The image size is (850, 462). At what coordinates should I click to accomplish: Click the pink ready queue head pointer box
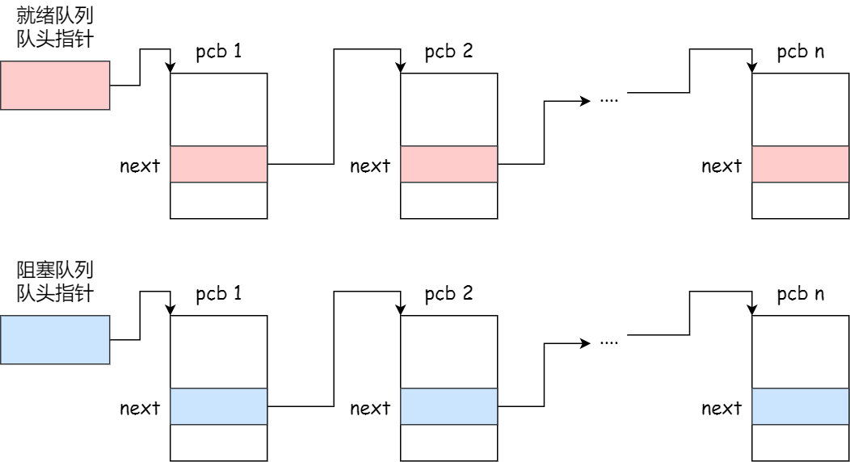click(x=55, y=85)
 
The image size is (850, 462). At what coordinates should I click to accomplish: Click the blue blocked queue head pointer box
click(x=55, y=339)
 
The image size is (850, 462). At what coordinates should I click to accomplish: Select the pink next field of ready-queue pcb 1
click(x=218, y=164)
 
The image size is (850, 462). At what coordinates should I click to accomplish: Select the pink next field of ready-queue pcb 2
click(x=449, y=164)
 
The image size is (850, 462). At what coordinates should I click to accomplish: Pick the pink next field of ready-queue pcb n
click(x=800, y=164)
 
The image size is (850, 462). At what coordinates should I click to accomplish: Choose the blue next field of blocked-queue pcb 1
click(x=218, y=406)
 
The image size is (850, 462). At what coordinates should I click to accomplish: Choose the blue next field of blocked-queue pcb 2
click(x=449, y=406)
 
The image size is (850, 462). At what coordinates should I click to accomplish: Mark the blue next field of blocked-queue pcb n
click(x=800, y=406)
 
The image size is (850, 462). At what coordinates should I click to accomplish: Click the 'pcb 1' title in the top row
click(x=218, y=52)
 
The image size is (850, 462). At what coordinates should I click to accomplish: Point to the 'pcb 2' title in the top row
click(x=448, y=52)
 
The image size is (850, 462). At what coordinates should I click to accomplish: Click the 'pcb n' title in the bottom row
click(x=800, y=294)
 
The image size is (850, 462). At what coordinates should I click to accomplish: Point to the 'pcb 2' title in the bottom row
click(x=448, y=294)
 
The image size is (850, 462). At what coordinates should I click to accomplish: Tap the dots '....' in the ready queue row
click(x=609, y=101)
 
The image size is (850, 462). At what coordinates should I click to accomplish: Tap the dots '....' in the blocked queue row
click(x=609, y=342)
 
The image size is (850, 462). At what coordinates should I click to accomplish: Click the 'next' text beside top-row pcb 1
click(x=140, y=166)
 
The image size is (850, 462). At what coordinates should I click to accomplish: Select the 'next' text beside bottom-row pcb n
click(x=722, y=409)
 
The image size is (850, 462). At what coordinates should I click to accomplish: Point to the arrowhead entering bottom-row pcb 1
click(x=170, y=311)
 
